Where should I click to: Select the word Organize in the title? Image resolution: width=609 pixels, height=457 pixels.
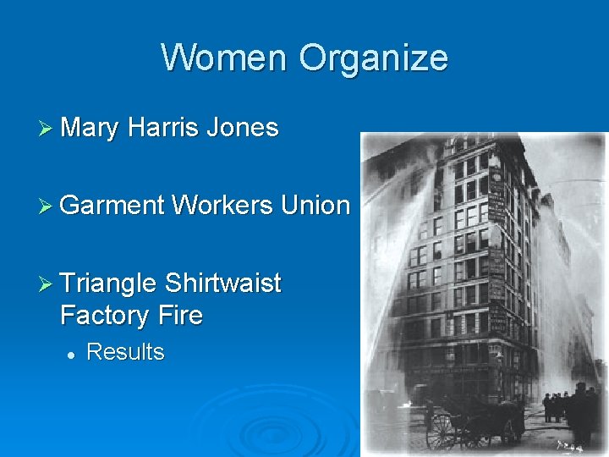pos(372,58)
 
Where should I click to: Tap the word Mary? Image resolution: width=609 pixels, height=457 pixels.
pos(91,128)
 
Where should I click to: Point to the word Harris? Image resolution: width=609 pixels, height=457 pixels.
pos(163,128)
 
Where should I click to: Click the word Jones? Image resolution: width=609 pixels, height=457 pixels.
pos(242,128)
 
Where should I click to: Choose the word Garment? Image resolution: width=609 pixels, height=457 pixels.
pos(112,205)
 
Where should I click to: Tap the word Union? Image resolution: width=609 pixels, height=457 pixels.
pos(315,205)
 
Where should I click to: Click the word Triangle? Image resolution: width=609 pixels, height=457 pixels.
pos(109,284)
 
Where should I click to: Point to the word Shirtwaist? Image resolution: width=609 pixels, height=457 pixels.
pos(223,283)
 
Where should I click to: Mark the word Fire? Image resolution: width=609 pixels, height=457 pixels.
pos(180,316)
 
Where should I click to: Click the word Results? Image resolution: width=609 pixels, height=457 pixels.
pos(125,352)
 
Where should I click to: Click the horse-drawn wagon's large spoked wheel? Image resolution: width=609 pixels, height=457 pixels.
pos(442,431)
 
